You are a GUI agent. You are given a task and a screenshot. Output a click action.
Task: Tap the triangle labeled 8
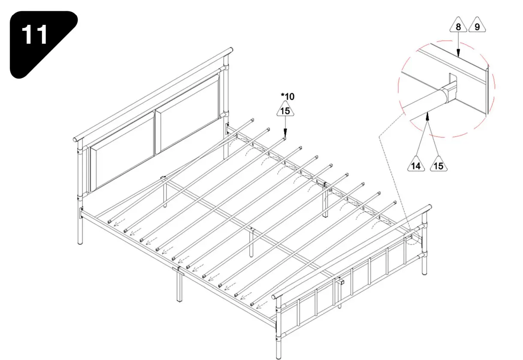(458, 26)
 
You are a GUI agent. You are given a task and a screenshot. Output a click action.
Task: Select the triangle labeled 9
(477, 26)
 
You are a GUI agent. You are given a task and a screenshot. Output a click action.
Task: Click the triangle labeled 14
(416, 165)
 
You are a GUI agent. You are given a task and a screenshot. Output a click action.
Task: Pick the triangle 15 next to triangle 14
(438, 165)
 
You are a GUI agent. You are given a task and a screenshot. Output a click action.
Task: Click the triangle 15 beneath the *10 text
(285, 110)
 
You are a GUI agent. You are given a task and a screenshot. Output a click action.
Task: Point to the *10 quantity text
(287, 96)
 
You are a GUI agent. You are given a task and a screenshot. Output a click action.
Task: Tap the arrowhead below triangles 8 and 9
(458, 54)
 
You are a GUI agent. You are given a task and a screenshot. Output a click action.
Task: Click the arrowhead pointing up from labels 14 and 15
(428, 115)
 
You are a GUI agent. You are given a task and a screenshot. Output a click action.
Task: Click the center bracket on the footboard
(341, 282)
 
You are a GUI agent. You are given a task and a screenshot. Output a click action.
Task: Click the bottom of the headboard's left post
(80, 240)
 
